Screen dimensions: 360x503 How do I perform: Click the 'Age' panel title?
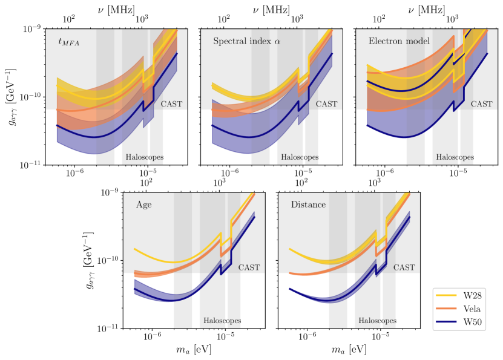pos(144,205)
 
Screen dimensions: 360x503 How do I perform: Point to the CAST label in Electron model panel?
pos(482,104)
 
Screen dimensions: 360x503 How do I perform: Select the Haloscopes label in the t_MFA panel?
pos(145,157)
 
